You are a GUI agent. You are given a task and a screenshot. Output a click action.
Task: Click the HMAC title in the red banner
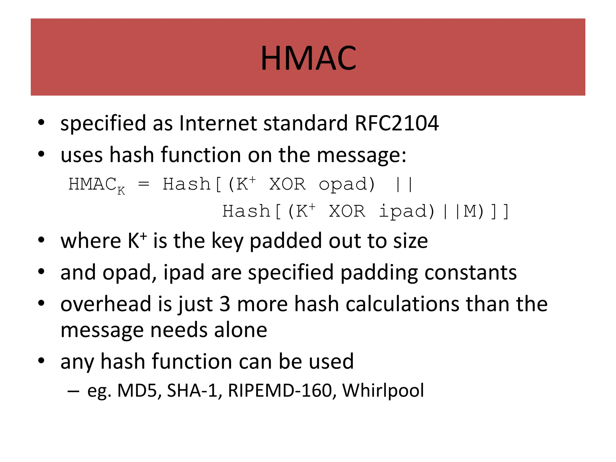308,58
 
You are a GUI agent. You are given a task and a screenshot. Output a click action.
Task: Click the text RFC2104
396,123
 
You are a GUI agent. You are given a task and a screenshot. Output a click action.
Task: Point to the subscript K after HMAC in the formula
121,191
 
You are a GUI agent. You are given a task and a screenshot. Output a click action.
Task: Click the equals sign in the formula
143,184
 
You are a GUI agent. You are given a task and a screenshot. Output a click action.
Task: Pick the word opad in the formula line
347,184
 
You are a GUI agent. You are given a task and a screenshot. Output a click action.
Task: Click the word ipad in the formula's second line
406,211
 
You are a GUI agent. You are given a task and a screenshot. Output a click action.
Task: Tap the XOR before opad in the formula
287,184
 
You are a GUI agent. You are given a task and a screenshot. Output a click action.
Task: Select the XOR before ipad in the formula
347,211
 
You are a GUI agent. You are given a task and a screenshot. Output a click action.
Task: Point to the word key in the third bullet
227,241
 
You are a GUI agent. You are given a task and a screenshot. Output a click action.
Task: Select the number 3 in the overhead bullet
225,304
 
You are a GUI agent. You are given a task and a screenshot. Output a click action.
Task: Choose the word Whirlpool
383,390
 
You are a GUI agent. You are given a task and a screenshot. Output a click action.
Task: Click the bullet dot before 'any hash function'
41,361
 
